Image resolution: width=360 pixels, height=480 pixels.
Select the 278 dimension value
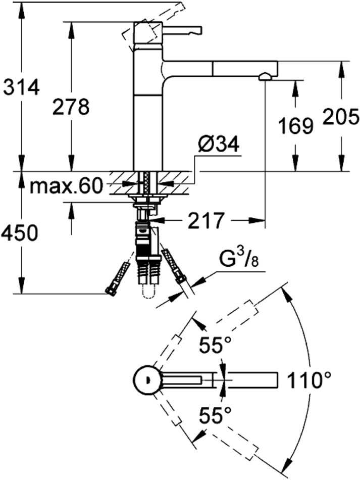[70, 107]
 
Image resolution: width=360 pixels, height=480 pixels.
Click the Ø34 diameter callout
[218, 146]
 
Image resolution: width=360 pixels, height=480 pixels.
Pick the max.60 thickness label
[66, 186]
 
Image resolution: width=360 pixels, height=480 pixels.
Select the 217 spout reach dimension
[206, 220]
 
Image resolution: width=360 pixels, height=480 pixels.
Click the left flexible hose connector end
[110, 291]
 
